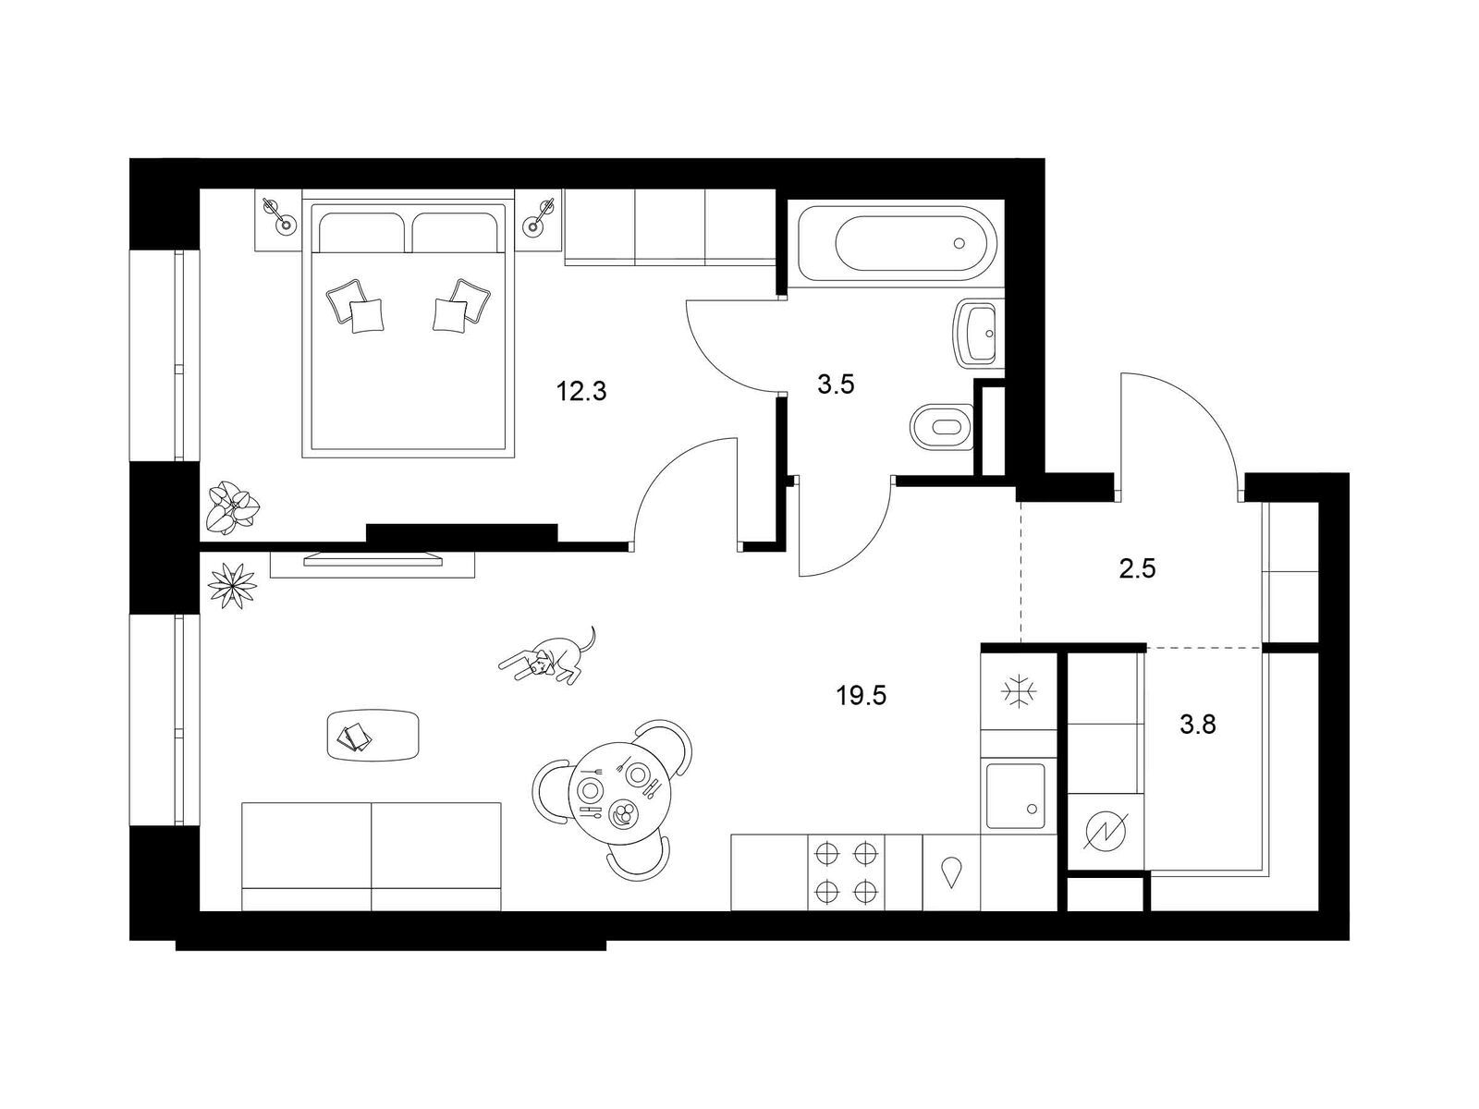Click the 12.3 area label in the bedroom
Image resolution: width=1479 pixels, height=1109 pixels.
pos(581,391)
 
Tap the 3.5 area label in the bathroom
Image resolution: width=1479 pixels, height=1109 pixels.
pos(836,384)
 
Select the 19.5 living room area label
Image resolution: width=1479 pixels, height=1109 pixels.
pos(862,696)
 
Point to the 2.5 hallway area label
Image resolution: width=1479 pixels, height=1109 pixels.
pos(1137,569)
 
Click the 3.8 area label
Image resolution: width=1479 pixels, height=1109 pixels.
pos(1197,725)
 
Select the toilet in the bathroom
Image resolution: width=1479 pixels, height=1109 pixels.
pos(942,427)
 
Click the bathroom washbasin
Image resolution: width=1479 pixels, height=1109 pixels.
pos(975,333)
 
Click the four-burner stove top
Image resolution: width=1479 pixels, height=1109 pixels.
pos(846,872)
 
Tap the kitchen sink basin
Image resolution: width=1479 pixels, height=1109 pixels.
pos(1015,796)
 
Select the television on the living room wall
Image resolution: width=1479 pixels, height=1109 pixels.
pos(373,559)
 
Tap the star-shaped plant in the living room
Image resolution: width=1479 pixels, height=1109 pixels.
pos(232,585)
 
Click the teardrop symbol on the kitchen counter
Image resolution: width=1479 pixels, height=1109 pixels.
pos(951,872)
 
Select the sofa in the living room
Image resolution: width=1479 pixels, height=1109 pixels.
pos(372,856)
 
